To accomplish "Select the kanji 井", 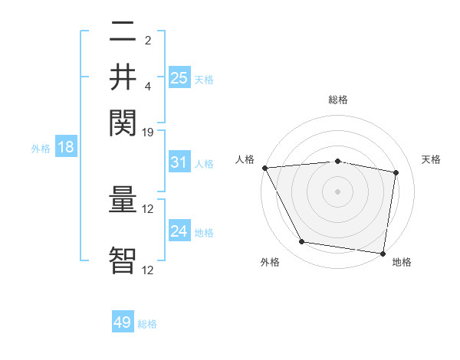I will tap(123, 76).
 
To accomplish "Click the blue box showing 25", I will tap(179, 77).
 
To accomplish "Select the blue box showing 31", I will tap(179, 162).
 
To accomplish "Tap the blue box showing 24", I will tap(179, 231).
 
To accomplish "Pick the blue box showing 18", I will tap(66, 147).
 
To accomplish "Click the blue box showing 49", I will tap(123, 322).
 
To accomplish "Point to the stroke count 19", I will tap(148, 133).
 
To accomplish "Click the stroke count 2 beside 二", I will tap(148, 39).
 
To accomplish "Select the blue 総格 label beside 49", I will tap(147, 324).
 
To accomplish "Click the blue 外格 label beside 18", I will tap(41, 149).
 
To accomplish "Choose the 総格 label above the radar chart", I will tap(337, 100).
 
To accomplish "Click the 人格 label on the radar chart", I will tap(245, 160).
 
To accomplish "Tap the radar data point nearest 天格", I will tap(396, 173).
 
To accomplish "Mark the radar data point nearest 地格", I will tap(383, 252).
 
